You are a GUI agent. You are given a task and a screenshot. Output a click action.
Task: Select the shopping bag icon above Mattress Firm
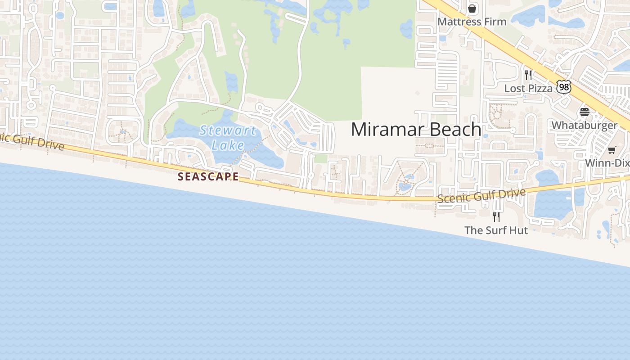pos(472,8)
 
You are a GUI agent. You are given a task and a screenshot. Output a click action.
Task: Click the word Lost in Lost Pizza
pos(514,88)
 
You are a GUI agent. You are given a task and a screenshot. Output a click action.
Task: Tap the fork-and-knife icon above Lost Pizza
pos(528,75)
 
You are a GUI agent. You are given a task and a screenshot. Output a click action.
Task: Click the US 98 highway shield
pos(563,87)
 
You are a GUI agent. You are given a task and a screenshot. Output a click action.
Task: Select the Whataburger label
pos(584,125)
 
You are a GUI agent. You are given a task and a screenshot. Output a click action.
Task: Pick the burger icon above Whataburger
pos(585,112)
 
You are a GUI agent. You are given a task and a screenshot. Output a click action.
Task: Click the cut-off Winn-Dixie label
pos(607,163)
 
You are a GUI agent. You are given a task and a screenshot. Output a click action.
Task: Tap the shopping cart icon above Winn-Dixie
pos(612,150)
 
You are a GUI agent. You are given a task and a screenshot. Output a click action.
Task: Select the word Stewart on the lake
pos(228,131)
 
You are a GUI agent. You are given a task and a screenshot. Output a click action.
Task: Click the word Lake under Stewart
pos(228,145)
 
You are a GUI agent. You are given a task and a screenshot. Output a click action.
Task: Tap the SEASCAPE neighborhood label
pos(208,176)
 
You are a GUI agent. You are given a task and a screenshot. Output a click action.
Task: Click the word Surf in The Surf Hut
pos(496,230)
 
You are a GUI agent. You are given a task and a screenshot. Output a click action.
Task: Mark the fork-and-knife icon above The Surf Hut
pos(496,217)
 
